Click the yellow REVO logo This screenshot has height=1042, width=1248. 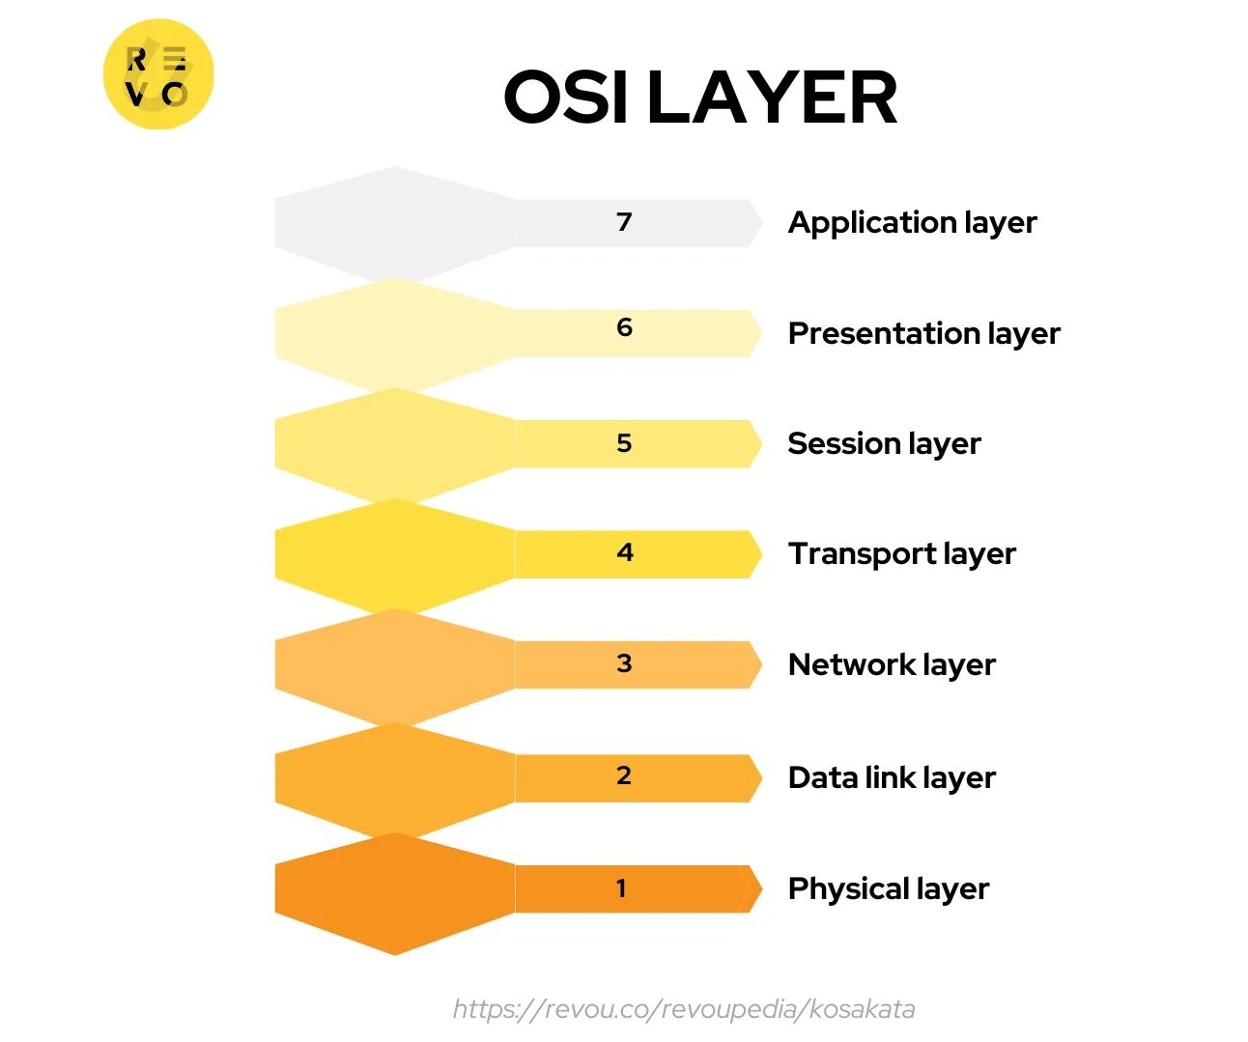(158, 74)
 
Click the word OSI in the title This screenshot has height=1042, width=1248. (565, 98)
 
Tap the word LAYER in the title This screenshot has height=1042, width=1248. (772, 98)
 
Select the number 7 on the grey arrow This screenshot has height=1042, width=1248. (624, 222)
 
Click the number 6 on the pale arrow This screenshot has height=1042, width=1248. (624, 327)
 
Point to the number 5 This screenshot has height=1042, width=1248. (624, 443)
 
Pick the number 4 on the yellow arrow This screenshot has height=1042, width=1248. (625, 552)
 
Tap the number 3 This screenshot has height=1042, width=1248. (624, 663)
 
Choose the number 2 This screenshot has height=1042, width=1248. (624, 775)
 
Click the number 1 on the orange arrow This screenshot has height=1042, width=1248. (621, 888)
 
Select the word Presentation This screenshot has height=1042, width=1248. (883, 333)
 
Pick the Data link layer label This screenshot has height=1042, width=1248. (891, 777)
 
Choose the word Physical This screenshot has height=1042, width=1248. (847, 889)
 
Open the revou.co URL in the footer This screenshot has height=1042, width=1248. (684, 1009)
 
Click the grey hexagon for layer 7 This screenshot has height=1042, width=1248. (394, 223)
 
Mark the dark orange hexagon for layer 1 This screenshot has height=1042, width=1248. (394, 893)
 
